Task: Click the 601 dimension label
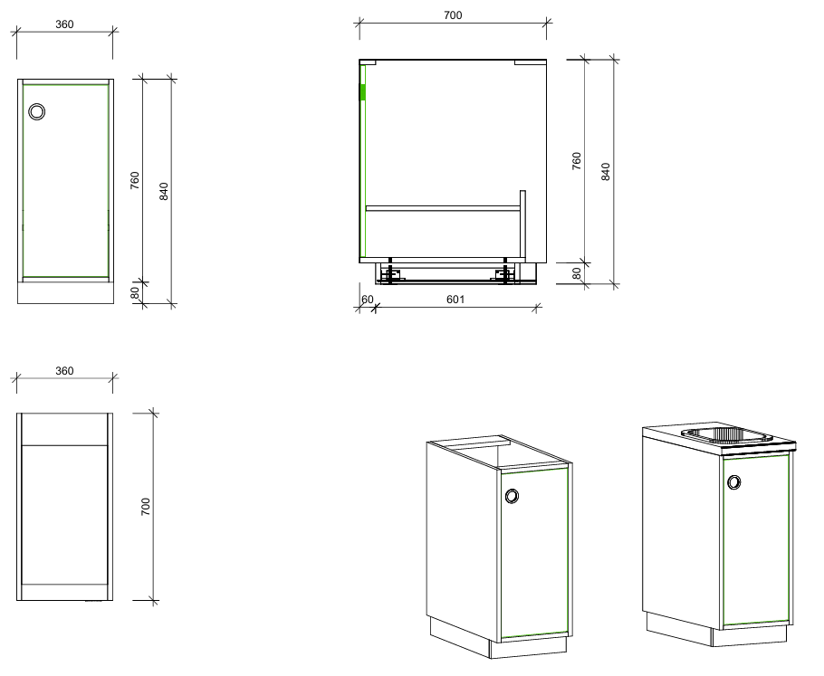pos(455,300)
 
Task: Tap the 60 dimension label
pos(367,300)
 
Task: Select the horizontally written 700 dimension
pos(453,15)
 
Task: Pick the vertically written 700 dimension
pos(146,507)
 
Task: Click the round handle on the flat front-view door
pos(37,111)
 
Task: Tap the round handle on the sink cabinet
pos(734,481)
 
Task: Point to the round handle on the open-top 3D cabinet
pos(512,496)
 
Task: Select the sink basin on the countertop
pos(726,435)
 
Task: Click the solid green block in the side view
pos(362,92)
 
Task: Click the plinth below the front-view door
pos(66,292)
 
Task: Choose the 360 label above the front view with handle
pos(64,24)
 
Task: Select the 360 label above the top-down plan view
pos(64,371)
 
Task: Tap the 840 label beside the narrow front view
pos(163,191)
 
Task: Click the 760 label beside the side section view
pos(577,161)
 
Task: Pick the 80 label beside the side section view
pos(577,273)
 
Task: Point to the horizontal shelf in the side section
pos(443,208)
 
